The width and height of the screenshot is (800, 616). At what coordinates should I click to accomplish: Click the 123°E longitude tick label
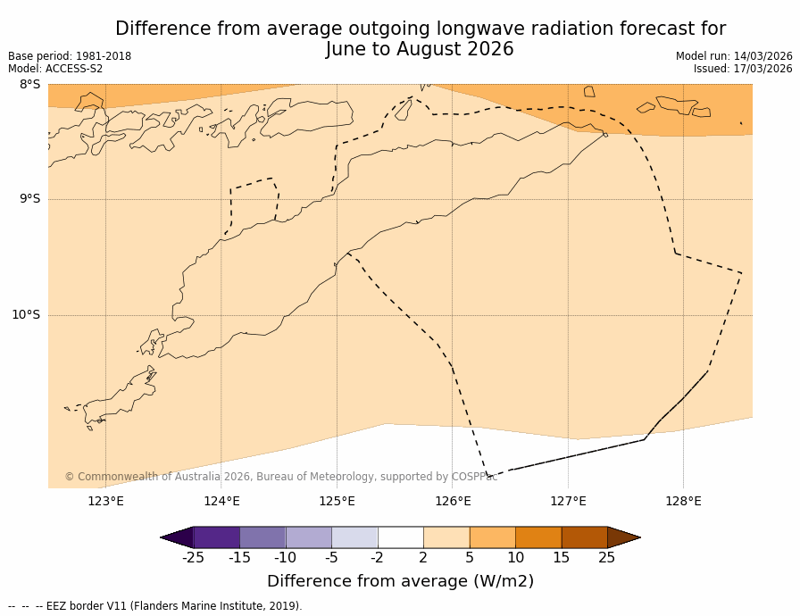(x=105, y=501)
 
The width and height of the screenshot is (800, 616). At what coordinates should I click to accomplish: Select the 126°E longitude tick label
(x=453, y=501)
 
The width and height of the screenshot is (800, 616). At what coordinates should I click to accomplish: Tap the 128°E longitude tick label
(x=683, y=501)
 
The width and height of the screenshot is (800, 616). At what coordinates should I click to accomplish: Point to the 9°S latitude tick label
(x=29, y=199)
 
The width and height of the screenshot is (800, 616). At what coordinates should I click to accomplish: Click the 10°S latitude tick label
(x=26, y=314)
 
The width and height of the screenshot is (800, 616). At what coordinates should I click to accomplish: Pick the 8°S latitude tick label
(x=29, y=85)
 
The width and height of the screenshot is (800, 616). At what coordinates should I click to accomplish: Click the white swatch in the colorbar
(x=401, y=537)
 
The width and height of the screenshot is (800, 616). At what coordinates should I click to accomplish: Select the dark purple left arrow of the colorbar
(x=178, y=537)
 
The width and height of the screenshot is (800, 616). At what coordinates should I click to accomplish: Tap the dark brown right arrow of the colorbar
(x=623, y=537)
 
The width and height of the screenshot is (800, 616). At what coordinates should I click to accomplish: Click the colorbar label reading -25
(x=193, y=558)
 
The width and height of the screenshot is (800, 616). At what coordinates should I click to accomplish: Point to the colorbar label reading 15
(x=561, y=558)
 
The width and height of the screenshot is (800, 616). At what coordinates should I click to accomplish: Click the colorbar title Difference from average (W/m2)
(x=400, y=581)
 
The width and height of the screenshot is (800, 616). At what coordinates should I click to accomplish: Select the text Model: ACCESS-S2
(x=55, y=69)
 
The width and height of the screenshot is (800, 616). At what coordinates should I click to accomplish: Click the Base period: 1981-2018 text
(x=70, y=56)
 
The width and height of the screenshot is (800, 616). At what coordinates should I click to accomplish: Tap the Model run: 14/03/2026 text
(x=734, y=56)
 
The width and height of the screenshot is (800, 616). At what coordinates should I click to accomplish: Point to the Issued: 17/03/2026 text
(x=743, y=69)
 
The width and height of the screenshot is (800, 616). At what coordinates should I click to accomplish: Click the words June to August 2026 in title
(x=420, y=50)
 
